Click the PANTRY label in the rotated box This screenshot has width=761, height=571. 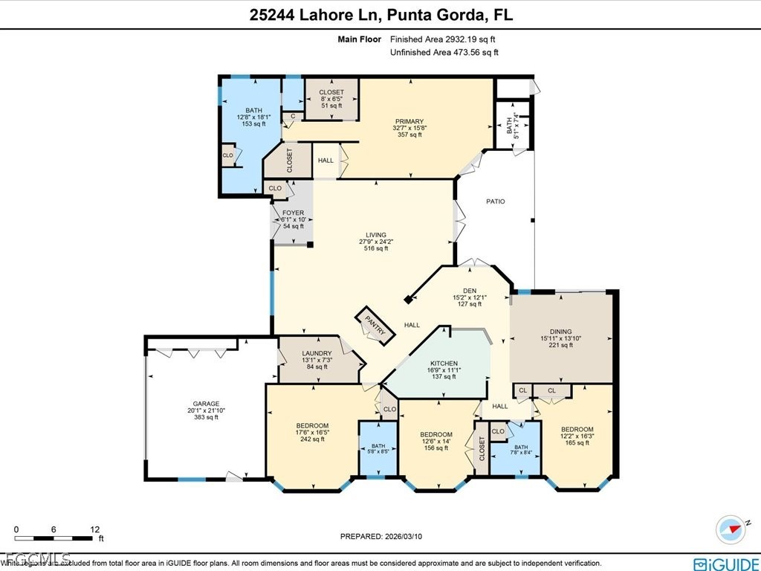375,326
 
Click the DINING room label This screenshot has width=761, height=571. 561,332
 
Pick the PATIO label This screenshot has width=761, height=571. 496,201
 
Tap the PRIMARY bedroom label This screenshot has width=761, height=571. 409,121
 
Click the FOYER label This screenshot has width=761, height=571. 294,213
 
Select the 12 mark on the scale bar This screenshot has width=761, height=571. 95,529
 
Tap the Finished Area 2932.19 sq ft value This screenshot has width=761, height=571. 444,39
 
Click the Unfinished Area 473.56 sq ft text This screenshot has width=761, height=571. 444,52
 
